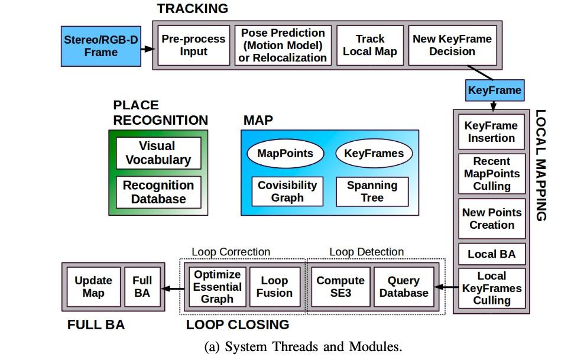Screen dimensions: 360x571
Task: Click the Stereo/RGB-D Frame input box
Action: (101, 46)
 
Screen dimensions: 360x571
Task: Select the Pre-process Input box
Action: (193, 45)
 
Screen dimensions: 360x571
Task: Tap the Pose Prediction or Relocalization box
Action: (283, 45)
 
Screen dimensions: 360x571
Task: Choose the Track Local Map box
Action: (370, 45)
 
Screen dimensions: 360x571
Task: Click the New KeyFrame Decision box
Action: (452, 45)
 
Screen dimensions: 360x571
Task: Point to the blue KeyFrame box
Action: (495, 90)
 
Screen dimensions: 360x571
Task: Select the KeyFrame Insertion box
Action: (491, 132)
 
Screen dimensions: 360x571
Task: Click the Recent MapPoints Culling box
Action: (491, 174)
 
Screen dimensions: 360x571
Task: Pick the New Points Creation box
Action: (491, 219)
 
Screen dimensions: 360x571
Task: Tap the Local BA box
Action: (491, 254)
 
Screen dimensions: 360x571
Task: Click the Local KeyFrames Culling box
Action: (491, 288)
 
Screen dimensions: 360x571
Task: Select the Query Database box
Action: (404, 287)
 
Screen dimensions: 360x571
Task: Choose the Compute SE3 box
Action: (340, 287)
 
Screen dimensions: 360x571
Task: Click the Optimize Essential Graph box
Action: (218, 287)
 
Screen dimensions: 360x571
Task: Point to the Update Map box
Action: (93, 287)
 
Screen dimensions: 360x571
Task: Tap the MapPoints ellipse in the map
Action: (285, 154)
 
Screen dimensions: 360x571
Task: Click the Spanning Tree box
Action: (372, 192)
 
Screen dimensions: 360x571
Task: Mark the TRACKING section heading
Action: (192, 8)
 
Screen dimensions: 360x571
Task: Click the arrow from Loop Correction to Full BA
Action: (173, 288)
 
